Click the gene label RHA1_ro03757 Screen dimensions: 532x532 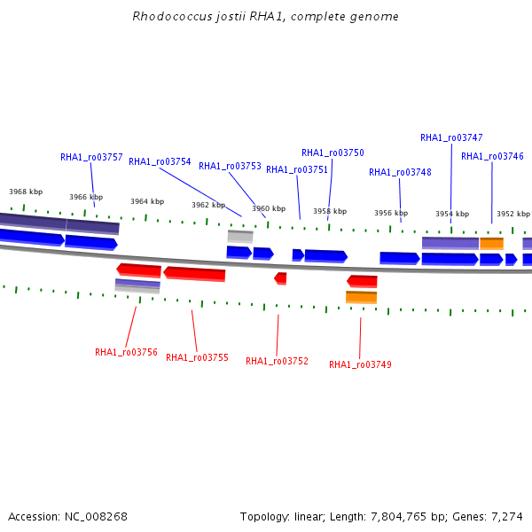coord(91,158)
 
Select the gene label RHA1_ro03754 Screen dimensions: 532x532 coord(160,162)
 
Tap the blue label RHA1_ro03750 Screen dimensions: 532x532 coord(332,153)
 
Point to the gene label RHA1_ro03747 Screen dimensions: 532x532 coord(451,137)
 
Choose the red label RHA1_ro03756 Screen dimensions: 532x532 coord(126,353)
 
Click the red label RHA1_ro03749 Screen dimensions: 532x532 coord(360,364)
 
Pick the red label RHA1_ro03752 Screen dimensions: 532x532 coord(277,362)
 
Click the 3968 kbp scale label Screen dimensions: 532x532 coord(26,192)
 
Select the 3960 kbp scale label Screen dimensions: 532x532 coord(269,208)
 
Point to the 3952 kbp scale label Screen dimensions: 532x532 coord(513,214)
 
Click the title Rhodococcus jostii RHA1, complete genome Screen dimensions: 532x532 coord(266,17)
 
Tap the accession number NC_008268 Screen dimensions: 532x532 coord(96,517)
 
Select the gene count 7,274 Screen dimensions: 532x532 coord(507,517)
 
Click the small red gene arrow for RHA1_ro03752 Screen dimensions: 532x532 coord(280,278)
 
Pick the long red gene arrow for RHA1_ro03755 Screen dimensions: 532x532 coord(194,274)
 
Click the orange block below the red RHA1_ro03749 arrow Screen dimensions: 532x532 coord(362,297)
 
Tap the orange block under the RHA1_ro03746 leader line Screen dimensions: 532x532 coord(491,244)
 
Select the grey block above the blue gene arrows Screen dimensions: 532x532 coord(240,237)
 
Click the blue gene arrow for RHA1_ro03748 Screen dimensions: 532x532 coord(400,259)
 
